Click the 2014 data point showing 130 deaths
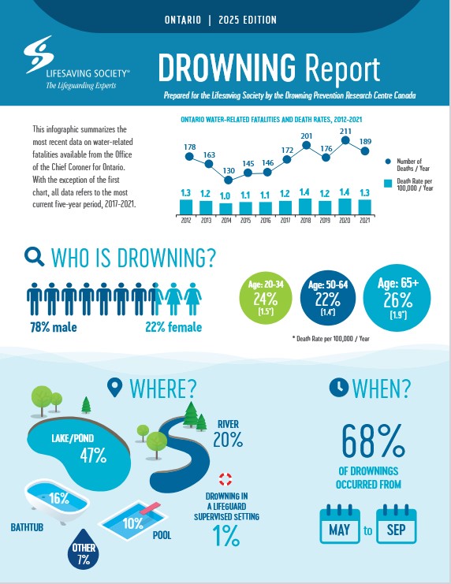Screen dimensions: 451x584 point(229,180)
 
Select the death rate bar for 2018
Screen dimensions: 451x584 point(305,206)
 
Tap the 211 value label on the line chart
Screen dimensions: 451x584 point(345,131)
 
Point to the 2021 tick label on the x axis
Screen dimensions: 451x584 point(364,221)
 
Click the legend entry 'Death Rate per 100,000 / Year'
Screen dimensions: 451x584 point(409,184)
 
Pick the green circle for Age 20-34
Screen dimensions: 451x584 point(266,298)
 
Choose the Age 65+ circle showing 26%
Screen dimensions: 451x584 point(397,298)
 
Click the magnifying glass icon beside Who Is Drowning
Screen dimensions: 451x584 point(34,257)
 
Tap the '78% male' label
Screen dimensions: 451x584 point(54,327)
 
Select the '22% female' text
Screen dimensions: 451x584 point(173,327)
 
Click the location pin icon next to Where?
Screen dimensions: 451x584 point(114,388)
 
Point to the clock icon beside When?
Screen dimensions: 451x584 point(339,387)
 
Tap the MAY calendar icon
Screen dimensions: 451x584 point(340,524)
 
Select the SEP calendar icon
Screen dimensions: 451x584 point(397,524)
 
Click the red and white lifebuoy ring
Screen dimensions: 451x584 point(225,479)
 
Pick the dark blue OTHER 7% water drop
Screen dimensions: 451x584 point(84,549)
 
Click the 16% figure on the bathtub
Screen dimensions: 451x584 point(59,498)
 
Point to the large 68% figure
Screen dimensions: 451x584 point(373,441)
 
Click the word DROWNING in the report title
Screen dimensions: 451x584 point(227,68)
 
